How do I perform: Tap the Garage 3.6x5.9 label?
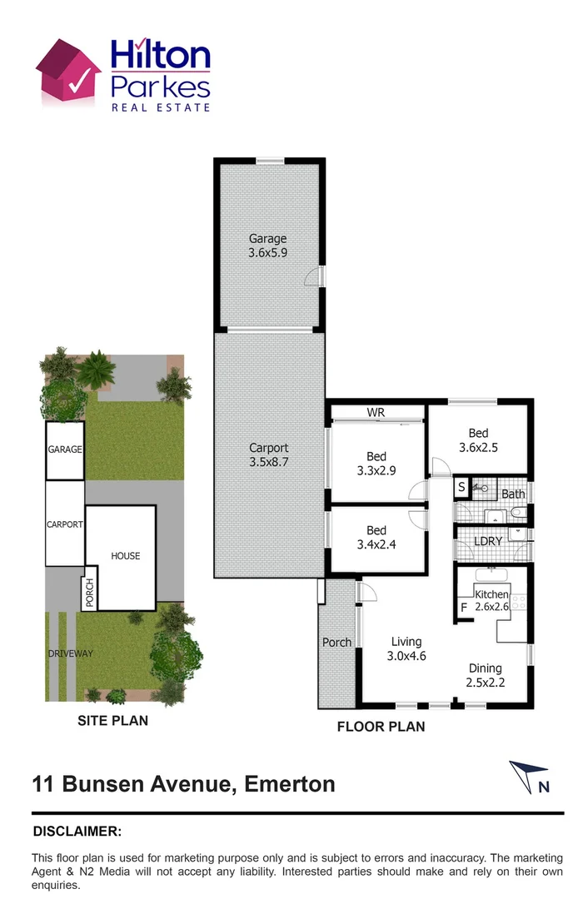point(267,246)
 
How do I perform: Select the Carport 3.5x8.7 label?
point(268,454)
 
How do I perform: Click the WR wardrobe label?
point(376,413)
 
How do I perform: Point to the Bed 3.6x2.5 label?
point(478,440)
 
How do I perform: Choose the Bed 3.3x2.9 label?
point(376,463)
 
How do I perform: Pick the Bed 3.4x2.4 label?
point(376,538)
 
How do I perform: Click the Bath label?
point(513,494)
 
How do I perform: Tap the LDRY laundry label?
point(487,541)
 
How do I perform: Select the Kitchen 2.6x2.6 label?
point(491,600)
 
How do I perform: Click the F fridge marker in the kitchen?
point(464,608)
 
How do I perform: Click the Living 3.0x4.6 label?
point(406,648)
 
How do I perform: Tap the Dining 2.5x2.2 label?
point(485,675)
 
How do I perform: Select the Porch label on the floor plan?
point(336,643)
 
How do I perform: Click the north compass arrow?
point(531,777)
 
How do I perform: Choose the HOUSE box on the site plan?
point(126,556)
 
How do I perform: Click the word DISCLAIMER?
point(77,831)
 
